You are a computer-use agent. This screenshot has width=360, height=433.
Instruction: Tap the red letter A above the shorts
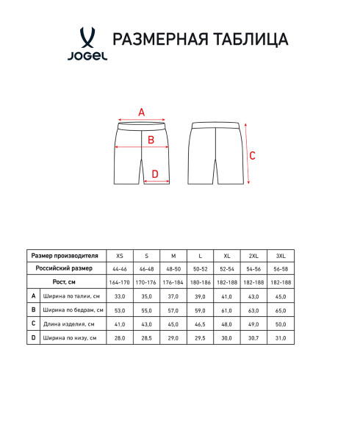point(142,112)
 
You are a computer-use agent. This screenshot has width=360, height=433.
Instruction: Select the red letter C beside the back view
point(253,155)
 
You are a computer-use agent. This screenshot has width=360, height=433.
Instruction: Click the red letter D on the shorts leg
point(154,174)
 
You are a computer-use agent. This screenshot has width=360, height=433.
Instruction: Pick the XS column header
point(119,255)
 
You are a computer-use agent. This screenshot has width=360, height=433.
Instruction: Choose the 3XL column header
point(280,255)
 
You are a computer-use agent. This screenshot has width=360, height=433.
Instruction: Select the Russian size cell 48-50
point(173,269)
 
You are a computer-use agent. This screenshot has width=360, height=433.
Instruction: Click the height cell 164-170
point(119,282)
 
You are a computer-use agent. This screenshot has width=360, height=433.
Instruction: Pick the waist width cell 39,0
point(200,296)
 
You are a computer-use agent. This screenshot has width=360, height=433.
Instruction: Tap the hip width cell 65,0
point(280,310)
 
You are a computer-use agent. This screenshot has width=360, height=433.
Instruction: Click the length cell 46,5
point(200,324)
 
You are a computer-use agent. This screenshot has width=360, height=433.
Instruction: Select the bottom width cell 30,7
point(253,337)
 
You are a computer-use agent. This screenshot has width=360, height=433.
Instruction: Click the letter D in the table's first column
point(33,337)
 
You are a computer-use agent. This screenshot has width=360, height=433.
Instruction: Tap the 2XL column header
point(253,255)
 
